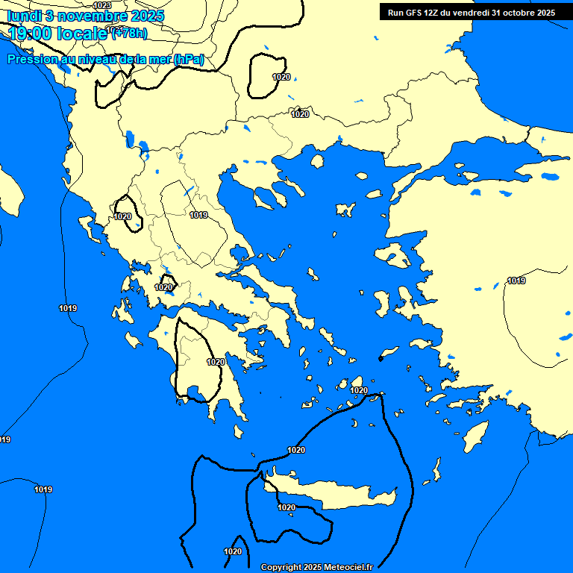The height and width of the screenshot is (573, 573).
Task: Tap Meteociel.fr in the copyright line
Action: (346, 567)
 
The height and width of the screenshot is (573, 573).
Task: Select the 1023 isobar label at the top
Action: (102, 5)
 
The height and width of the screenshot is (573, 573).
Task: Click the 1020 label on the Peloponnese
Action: (216, 362)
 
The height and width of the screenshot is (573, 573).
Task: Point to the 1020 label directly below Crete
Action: (286, 507)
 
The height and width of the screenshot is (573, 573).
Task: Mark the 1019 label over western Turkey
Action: (516, 281)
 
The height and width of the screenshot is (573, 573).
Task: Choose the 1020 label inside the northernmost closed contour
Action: (281, 77)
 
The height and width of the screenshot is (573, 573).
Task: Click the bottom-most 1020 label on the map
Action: (233, 551)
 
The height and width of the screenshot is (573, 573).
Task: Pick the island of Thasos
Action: (316, 161)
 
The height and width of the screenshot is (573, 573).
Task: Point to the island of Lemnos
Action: (345, 210)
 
